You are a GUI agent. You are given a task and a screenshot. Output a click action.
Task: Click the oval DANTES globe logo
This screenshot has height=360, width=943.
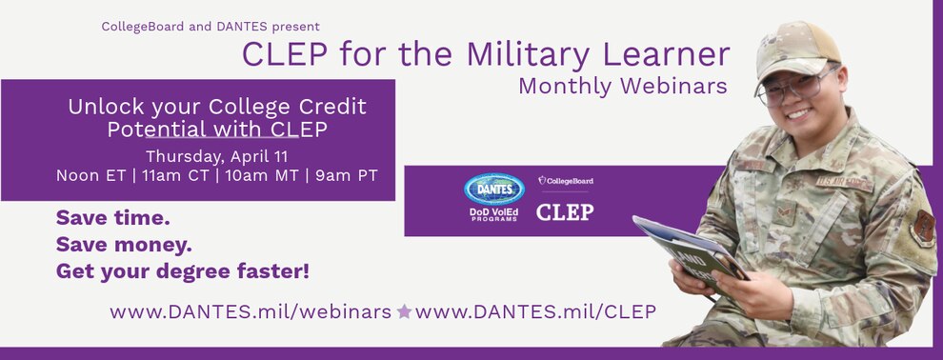coord(493,190)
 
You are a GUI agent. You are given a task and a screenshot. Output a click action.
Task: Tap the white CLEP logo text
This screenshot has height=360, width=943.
coord(565,212)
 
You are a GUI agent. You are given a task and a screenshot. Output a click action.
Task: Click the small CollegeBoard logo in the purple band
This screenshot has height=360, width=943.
coord(565,180)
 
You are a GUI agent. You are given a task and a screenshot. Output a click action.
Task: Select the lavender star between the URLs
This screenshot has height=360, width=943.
coord(404,311)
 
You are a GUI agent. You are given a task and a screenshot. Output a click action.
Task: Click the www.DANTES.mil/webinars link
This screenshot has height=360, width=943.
coord(251,311)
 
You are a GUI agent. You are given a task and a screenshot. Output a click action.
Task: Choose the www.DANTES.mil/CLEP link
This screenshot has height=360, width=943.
coord(535,311)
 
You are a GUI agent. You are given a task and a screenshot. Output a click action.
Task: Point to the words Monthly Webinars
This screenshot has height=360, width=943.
coord(622,86)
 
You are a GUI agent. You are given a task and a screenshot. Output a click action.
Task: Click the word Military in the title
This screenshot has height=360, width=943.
coord(528,54)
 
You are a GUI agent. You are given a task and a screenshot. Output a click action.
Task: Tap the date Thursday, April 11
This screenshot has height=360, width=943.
coord(216,157)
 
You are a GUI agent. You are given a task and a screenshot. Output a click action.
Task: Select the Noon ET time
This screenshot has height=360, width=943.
coord(90,175)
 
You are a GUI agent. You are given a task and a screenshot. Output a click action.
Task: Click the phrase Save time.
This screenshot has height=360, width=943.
coord(113,218)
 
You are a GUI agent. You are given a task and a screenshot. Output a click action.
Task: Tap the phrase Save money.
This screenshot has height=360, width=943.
coord(124,245)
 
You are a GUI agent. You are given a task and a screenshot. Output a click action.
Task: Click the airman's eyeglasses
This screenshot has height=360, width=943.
coord(795,88)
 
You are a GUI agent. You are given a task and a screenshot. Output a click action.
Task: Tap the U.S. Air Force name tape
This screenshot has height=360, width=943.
coord(844,183)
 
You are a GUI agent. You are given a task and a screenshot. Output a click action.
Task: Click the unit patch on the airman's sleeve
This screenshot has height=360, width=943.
coord(922,229)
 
